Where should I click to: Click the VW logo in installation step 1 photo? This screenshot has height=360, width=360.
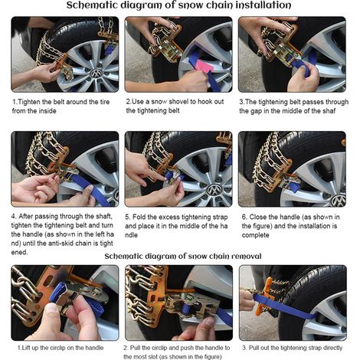pos(97,74)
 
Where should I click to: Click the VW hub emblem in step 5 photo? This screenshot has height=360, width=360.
pos(214,190)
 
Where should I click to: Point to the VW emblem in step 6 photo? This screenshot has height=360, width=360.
pos(339,200)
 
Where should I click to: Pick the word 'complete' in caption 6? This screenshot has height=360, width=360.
pos(255,235)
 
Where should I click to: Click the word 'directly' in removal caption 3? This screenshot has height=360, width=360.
pos(332,348)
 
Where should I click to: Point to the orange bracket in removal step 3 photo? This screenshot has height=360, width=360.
pos(265,296)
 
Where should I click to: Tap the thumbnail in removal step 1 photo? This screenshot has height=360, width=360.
pos(53,308)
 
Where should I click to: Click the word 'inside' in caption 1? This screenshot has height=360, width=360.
pos(47,111)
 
